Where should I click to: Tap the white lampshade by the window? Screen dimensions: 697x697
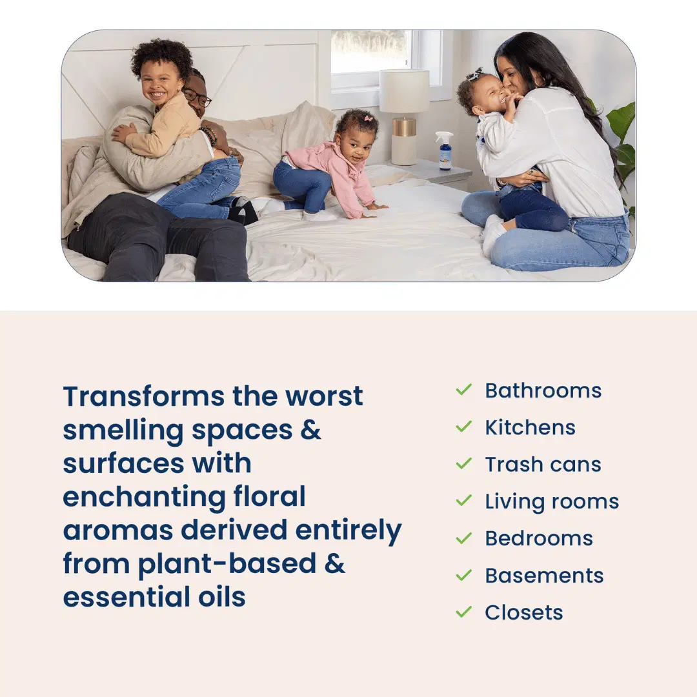(404, 91)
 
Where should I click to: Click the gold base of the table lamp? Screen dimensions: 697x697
(404, 127)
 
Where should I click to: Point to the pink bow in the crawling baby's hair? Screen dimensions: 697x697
(368, 119)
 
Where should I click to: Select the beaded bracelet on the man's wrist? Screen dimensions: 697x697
(209, 135)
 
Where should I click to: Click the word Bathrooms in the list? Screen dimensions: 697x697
(543, 390)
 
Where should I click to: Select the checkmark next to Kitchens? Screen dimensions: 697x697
(463, 427)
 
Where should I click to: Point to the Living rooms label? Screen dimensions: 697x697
(552, 502)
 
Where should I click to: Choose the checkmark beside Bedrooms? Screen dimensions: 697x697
(463, 538)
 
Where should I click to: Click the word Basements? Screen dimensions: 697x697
(544, 576)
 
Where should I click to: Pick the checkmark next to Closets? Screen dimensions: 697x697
(463, 612)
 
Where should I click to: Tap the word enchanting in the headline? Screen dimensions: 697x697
(144, 497)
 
